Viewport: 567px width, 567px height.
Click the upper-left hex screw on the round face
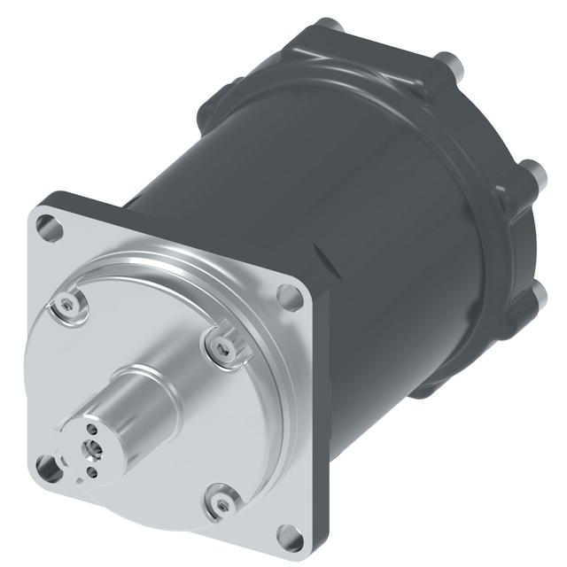67,307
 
